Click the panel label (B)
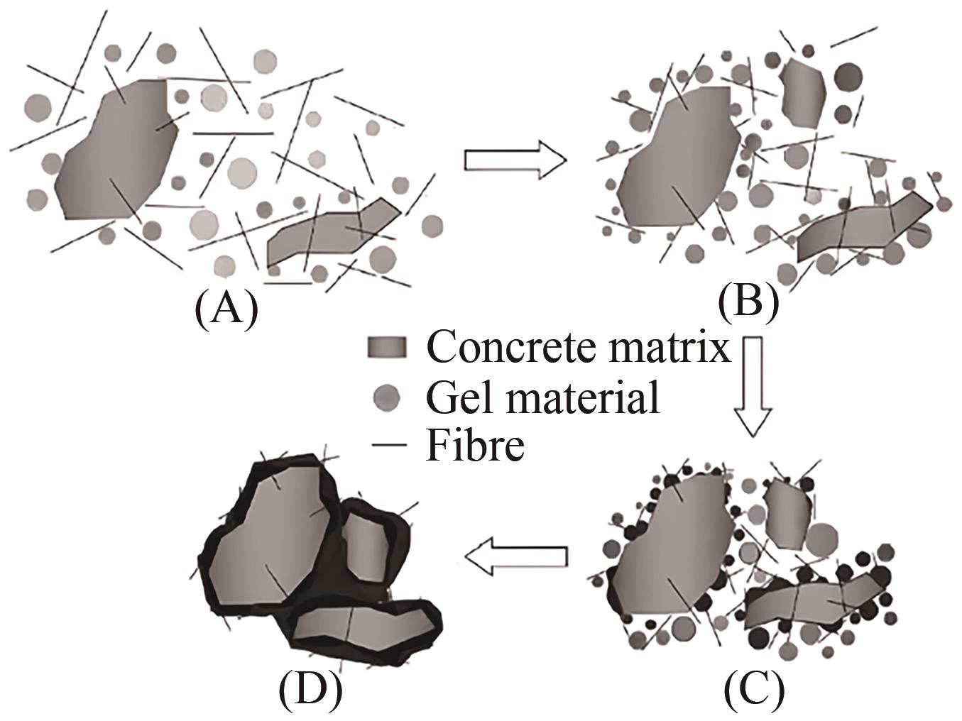[748, 301]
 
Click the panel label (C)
[754, 689]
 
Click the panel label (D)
[310, 689]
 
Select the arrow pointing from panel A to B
[515, 160]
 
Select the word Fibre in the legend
[475, 445]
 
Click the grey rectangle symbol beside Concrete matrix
[387, 347]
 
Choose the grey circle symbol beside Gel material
[387, 397]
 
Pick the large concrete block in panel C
[671, 546]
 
